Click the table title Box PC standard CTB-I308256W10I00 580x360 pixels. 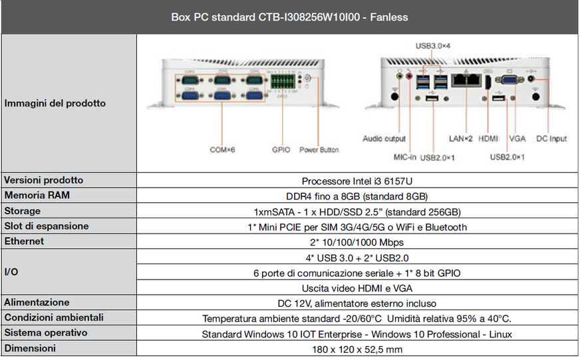tap(289, 16)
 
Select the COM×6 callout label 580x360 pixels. tap(223, 150)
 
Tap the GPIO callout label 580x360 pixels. tap(281, 150)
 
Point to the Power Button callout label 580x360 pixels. tap(319, 150)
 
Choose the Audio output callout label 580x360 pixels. tap(384, 139)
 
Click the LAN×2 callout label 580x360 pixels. tap(460, 139)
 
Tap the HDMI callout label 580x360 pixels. tap(488, 139)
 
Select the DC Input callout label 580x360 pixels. tap(551, 139)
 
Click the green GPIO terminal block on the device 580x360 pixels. tap(281, 84)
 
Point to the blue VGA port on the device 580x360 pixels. tap(510, 80)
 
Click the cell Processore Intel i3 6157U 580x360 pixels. tap(357, 181)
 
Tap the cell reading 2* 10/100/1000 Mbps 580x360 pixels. tap(357, 242)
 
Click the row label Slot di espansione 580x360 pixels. tap(47, 226)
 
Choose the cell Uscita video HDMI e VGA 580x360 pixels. tap(357, 288)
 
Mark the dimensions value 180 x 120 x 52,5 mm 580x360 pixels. tap(357, 349)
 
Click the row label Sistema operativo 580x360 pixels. tap(46, 333)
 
